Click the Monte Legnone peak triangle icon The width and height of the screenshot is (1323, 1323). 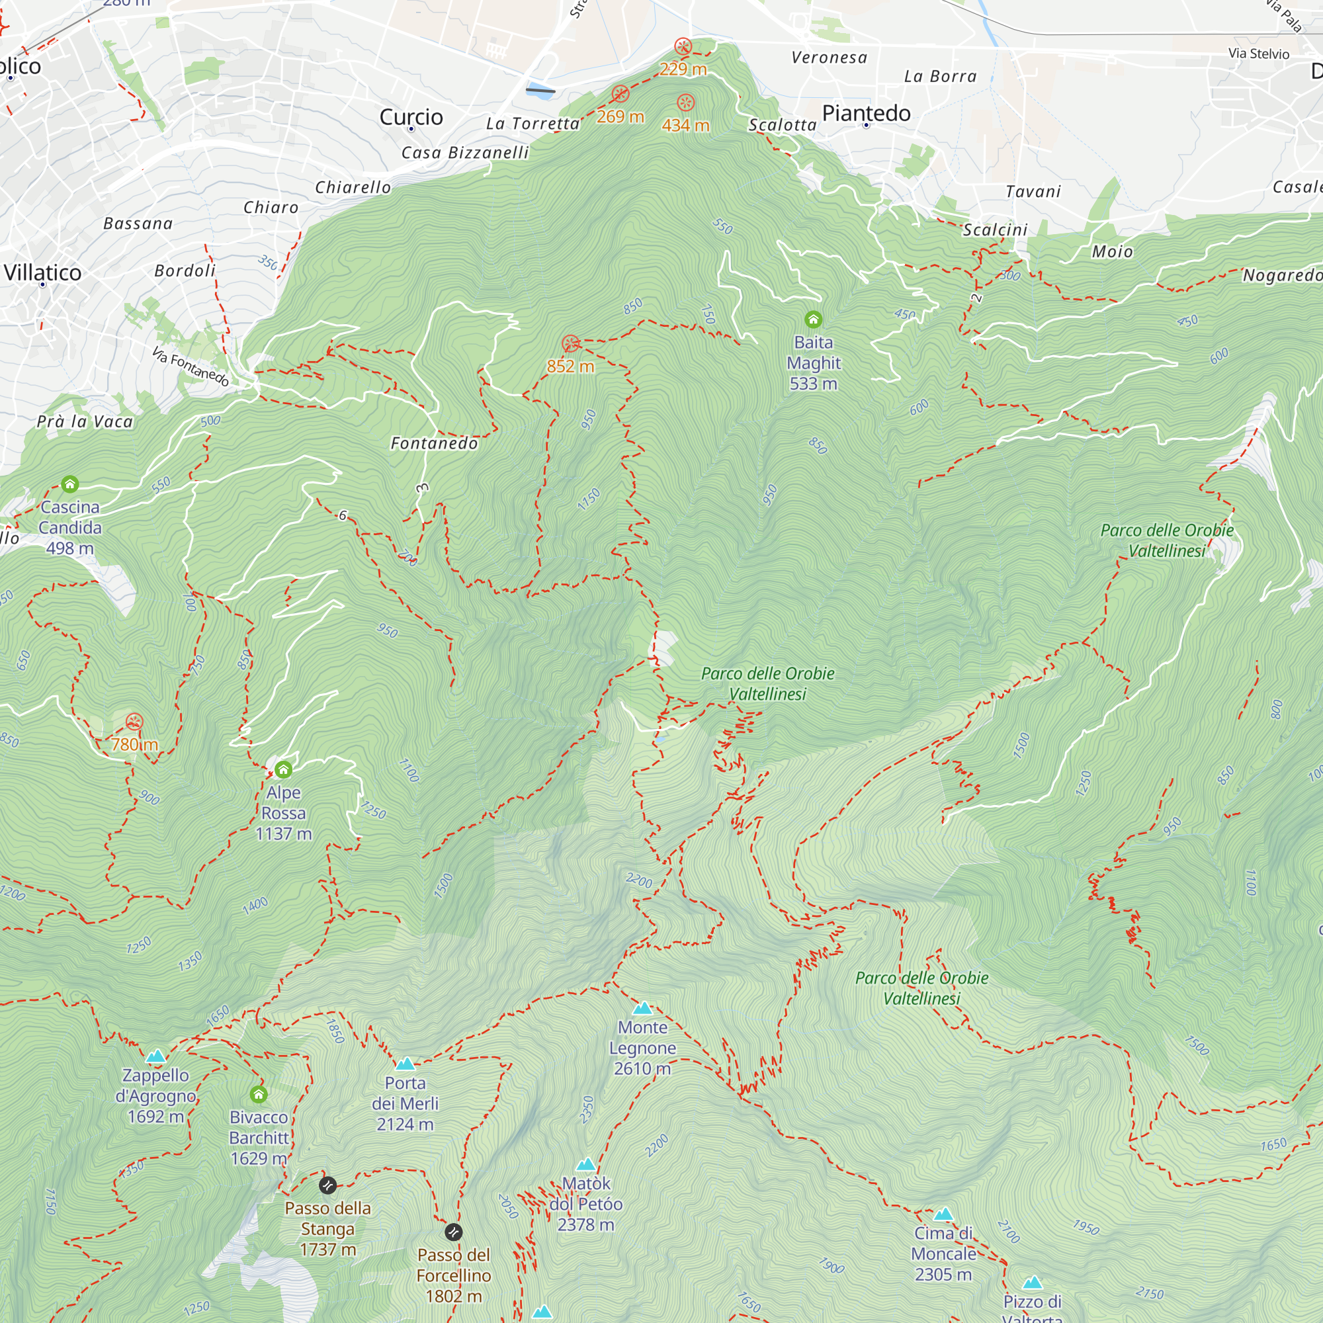click(x=642, y=1008)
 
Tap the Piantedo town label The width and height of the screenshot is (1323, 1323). click(x=867, y=113)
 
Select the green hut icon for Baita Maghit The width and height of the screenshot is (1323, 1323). click(x=813, y=320)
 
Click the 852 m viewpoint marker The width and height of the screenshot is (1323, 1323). click(x=570, y=344)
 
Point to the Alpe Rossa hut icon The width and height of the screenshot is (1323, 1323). click(x=284, y=770)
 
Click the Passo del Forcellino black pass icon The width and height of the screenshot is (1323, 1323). click(x=453, y=1232)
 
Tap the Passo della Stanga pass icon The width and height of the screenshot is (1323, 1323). click(x=327, y=1185)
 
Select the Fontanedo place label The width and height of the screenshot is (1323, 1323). click(x=434, y=444)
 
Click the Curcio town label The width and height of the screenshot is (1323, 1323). click(x=411, y=117)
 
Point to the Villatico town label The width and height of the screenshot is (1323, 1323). click(x=42, y=273)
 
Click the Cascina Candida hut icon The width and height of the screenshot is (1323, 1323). click(x=70, y=485)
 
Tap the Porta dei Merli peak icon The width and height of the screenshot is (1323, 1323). click(x=405, y=1064)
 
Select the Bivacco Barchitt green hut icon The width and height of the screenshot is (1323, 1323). click(x=258, y=1095)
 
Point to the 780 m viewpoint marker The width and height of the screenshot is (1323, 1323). click(x=134, y=722)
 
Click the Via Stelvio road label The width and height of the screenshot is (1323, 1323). click(x=1258, y=54)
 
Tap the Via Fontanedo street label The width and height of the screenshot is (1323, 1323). click(x=190, y=366)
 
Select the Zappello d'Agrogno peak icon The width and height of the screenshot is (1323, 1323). click(x=155, y=1056)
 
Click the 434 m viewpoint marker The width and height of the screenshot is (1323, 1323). click(x=685, y=103)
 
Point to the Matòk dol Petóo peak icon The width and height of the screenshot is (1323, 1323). click(x=585, y=1165)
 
